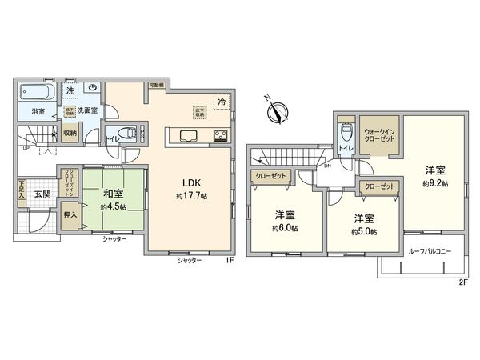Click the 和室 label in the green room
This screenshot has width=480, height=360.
coord(111,193)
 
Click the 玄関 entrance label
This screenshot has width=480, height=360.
coord(42,194)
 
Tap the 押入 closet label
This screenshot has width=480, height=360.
coord(71,215)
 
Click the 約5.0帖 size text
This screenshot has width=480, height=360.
coord(365,232)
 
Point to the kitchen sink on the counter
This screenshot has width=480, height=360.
coord(189,134)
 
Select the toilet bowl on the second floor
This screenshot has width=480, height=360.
coord(345,130)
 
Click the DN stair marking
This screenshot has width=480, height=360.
coord(328,166)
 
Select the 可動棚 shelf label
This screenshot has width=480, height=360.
coord(155,84)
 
